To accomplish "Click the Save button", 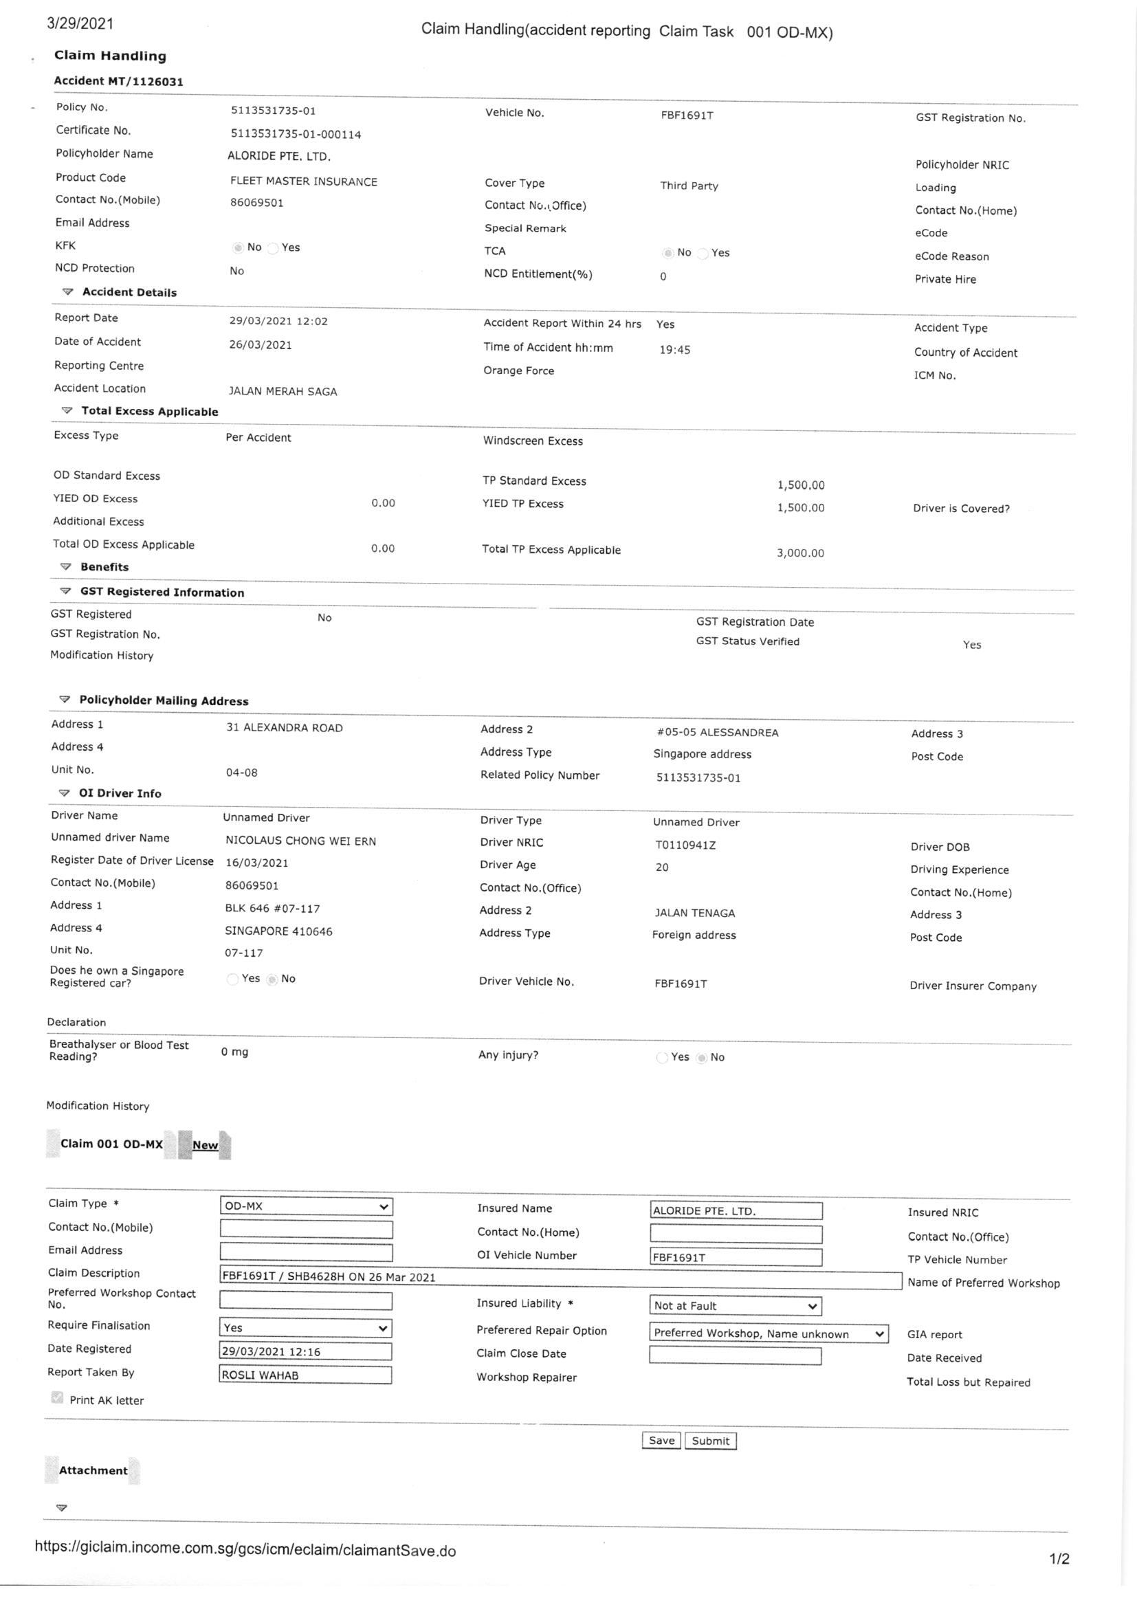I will (x=661, y=1440).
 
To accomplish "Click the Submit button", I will (x=710, y=1441).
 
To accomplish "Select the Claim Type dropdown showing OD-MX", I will (x=306, y=1206).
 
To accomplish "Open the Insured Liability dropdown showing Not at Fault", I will (x=735, y=1305).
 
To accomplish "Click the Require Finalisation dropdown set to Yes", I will (x=305, y=1328).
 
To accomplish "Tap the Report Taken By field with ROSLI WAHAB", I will (x=305, y=1375).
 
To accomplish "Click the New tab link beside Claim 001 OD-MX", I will (x=204, y=1145).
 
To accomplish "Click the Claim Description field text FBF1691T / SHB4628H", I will (x=329, y=1276).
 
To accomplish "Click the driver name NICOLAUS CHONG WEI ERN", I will (x=300, y=841).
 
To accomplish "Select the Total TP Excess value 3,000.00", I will (x=799, y=553).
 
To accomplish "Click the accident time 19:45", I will (x=674, y=349).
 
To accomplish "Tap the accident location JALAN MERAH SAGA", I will (x=283, y=391).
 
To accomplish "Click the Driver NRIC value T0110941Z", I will (x=685, y=845).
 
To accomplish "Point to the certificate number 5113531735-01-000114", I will (x=296, y=133).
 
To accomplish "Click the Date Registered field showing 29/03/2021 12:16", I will (x=305, y=1351).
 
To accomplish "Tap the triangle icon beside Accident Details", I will (x=68, y=291).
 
